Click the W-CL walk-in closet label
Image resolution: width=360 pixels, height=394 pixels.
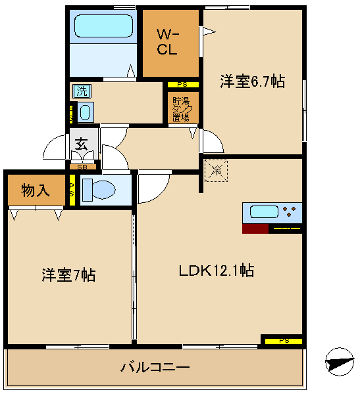tap(167, 42)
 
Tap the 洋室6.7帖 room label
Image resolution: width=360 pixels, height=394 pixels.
tap(252, 81)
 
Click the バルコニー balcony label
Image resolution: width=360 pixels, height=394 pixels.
tap(155, 367)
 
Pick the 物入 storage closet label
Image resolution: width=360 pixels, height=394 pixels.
tap(35, 191)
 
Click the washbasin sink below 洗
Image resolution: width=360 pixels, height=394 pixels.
tap(86, 113)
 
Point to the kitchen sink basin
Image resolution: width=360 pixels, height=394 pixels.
tap(263, 213)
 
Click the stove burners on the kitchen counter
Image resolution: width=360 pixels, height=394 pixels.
tap(289, 213)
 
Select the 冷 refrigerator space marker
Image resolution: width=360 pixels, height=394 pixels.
tap(215, 170)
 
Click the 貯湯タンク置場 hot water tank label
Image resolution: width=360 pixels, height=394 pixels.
tap(180, 110)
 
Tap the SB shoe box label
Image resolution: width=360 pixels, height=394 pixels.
tap(82, 167)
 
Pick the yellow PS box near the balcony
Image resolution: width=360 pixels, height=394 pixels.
tap(284, 340)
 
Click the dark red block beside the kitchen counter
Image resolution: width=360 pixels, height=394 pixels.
tap(255, 229)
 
